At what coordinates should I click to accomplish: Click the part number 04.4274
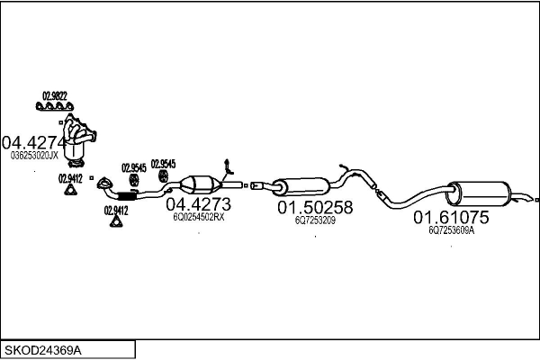33,142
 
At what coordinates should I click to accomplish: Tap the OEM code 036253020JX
34,156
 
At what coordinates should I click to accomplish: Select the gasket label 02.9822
55,95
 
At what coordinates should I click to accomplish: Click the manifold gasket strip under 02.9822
54,106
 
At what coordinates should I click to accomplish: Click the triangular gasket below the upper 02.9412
70,190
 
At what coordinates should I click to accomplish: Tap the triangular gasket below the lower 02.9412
116,221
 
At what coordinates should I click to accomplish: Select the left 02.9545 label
134,167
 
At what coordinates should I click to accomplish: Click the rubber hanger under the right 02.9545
163,176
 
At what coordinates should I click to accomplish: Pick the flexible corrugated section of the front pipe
126,196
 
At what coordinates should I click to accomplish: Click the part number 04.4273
198,204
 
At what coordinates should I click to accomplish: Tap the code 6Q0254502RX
199,217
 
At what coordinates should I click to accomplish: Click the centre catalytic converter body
201,185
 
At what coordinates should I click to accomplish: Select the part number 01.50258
315,207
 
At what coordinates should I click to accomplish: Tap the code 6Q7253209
315,220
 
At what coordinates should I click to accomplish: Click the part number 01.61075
451,218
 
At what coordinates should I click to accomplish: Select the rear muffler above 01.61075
479,194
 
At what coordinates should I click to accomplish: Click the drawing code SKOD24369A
43,351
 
